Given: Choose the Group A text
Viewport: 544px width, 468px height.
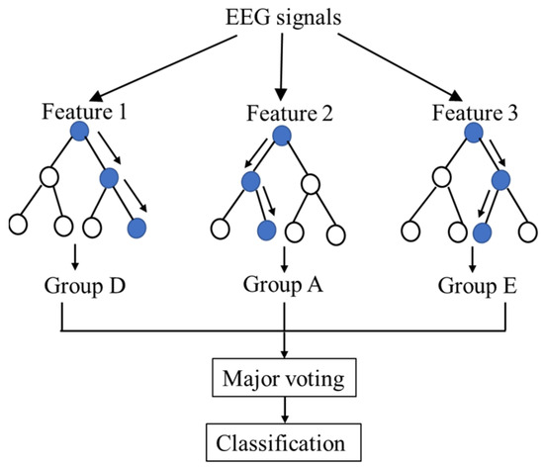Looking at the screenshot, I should pos(285,286).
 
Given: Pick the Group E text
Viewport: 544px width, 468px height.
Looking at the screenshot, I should pos(481,288).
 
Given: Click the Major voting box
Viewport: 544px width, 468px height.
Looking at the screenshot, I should pos(285,378).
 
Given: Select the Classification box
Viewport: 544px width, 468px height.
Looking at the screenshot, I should pos(285,437).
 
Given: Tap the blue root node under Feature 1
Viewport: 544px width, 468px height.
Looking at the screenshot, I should pos(80,131).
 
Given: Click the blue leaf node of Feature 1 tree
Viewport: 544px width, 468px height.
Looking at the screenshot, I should pos(137,229).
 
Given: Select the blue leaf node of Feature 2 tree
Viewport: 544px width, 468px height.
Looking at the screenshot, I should pos(266,231).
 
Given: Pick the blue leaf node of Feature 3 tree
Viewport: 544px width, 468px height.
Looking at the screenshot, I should pos(483,232).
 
